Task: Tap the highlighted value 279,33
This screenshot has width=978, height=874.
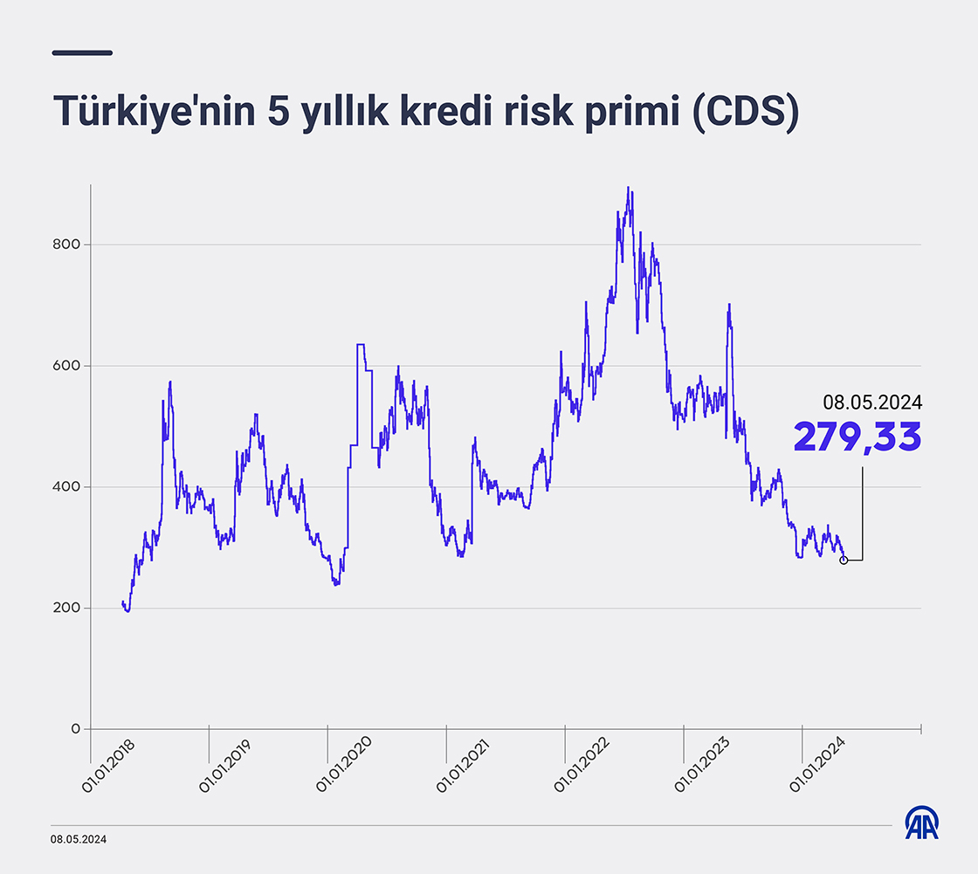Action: pyautogui.click(x=857, y=437)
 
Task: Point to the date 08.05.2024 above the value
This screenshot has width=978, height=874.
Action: pyautogui.click(x=871, y=403)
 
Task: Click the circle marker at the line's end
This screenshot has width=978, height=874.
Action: pyautogui.click(x=844, y=560)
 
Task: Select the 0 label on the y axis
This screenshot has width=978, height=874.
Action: pyautogui.click(x=75, y=729)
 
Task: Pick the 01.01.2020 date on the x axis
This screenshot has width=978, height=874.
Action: pyautogui.click(x=344, y=765)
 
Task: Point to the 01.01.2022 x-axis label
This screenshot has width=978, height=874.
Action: pyautogui.click(x=582, y=765)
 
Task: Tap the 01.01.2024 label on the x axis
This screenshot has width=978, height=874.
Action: pyautogui.click(x=817, y=765)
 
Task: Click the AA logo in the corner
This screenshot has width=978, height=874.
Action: pyautogui.click(x=921, y=822)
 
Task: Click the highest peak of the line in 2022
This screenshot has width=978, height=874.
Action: pyautogui.click(x=628, y=188)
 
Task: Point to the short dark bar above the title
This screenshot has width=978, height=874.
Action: pyautogui.click(x=82, y=52)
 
